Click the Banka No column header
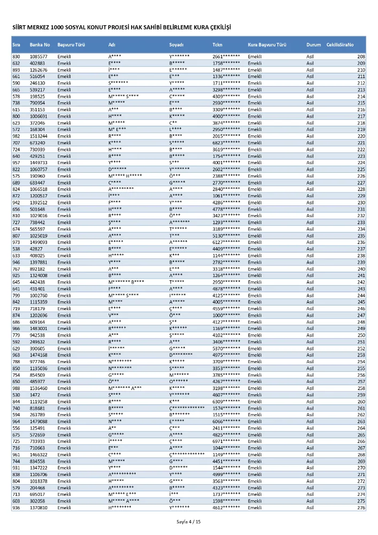click(40, 44)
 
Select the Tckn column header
click(218, 44)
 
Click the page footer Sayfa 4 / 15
click(188, 521)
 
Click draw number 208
click(361, 56)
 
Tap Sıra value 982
click(17, 136)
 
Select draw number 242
click(361, 282)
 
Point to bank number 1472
click(35, 395)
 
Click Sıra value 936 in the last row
click(17, 507)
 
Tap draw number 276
click(361, 507)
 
